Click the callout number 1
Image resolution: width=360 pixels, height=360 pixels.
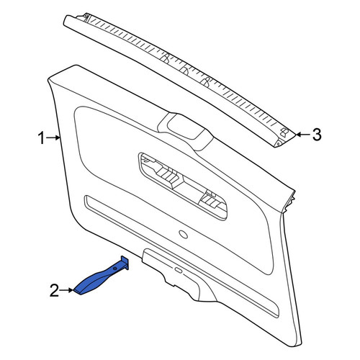point(41,138)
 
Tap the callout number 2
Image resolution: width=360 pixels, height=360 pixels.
point(54,290)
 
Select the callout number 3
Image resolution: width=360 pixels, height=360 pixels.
point(317,135)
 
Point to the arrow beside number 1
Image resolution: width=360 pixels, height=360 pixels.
point(53,138)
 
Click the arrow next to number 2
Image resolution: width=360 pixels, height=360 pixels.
point(66,290)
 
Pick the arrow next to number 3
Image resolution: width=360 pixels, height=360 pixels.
point(303,135)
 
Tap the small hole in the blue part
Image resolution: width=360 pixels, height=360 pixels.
point(115,268)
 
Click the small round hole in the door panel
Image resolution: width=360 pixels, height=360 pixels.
point(184,234)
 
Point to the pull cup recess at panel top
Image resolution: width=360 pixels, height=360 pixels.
point(185,128)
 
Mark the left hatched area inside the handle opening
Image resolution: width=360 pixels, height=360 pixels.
point(168,176)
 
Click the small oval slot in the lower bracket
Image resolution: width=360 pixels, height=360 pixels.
point(178,270)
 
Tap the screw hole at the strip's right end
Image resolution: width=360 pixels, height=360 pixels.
point(278,143)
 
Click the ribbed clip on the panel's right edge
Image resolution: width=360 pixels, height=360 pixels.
point(289,201)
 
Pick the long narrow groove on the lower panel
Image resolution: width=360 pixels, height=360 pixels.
point(181,256)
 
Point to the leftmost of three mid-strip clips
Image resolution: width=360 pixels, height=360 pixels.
point(166,58)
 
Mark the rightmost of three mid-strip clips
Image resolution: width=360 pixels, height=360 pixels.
point(206,81)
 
